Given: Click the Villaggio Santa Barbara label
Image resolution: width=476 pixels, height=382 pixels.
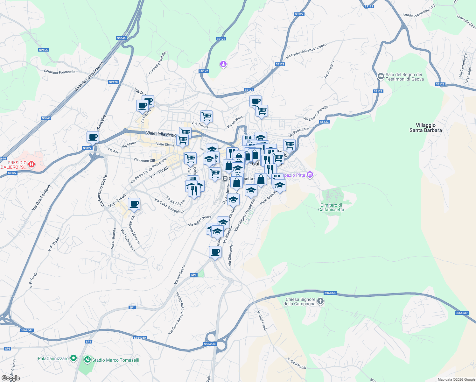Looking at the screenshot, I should pos(425,128).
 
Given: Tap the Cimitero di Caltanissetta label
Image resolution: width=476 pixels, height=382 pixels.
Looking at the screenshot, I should pos(331,207).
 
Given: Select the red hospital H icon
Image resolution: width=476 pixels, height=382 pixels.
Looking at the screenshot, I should pos(31,164).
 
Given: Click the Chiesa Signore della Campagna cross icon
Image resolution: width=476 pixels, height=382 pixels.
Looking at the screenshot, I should pos(320,301).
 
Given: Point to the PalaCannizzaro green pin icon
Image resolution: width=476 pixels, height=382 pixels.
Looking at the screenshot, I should pos(73,358).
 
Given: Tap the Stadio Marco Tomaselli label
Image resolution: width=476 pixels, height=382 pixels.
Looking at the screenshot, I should pos(115,360).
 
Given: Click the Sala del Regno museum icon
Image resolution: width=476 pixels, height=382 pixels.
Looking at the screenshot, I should pos(381,76).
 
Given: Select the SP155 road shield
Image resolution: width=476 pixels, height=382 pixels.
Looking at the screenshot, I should pos(43,50).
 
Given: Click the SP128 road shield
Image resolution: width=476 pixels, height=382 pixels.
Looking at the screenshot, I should pos(113,82).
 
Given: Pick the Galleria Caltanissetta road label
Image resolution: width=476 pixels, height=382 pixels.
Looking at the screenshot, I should pos(89,77).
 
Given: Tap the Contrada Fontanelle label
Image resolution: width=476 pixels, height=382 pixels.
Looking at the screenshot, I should pos(59,72).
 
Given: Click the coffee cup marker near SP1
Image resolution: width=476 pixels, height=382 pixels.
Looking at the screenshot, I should pos(215,252).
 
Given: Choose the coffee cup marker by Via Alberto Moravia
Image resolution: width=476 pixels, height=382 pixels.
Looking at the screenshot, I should pos(134,204).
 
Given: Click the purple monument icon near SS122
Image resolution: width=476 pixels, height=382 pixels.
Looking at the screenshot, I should pos(223,64).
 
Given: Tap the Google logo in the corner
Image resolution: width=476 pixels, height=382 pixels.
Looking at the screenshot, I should pos(10,378).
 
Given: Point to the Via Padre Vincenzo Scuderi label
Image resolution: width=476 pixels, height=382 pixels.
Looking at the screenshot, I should pos(306,51).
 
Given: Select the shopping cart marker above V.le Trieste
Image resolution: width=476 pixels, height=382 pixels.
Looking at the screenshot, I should pos(206,117).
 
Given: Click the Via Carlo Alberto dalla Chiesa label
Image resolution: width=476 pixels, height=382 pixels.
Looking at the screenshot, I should pos(176,313).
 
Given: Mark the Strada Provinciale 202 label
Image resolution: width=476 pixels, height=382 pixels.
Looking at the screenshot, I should pos(419,11).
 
